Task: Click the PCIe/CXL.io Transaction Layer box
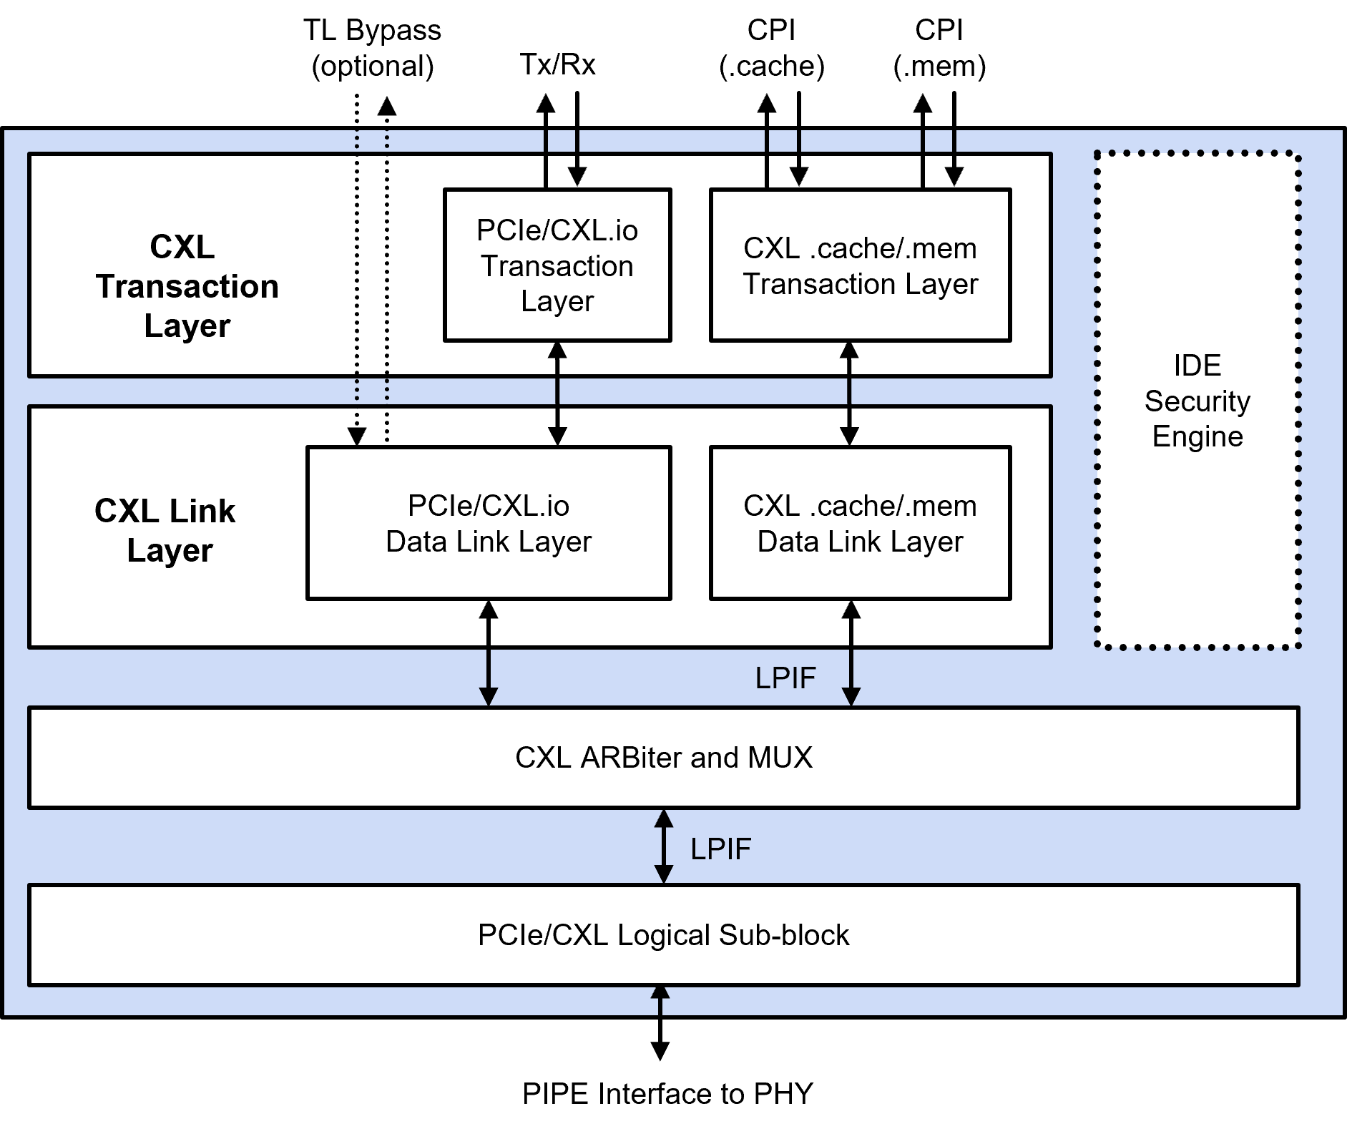[x=557, y=265]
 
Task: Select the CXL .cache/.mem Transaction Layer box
[x=860, y=265]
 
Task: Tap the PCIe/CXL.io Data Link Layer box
[x=489, y=523]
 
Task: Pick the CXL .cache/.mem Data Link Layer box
[x=860, y=523]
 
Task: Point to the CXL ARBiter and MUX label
[x=663, y=758]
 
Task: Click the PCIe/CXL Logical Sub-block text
[x=663, y=935]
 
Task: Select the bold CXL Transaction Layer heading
[x=186, y=286]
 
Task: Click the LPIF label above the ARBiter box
[x=785, y=678]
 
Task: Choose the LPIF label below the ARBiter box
[x=720, y=849]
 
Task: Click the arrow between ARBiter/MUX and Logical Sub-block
[x=664, y=846]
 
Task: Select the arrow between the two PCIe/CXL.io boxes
[x=557, y=394]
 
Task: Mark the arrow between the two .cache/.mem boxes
[x=849, y=394]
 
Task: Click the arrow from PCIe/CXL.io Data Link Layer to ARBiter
[x=489, y=653]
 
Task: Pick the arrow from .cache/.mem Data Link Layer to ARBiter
[x=851, y=653]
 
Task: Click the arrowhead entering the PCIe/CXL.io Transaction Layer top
[x=577, y=177]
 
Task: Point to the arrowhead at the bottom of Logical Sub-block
[x=660, y=992]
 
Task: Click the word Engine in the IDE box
[x=1197, y=436]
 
